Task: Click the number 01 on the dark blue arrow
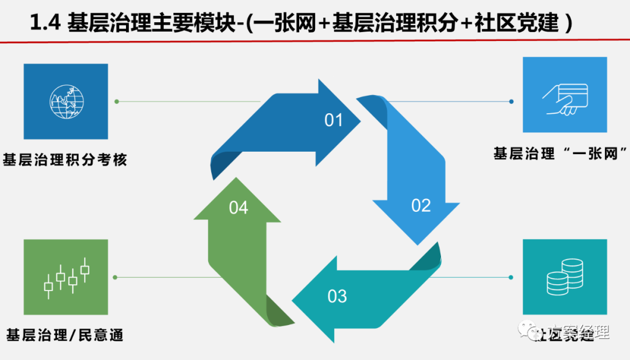tap(333, 121)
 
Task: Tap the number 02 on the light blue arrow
tap(421, 205)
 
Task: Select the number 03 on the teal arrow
tap(337, 296)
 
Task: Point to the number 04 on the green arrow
tap(239, 207)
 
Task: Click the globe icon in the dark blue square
tap(66, 102)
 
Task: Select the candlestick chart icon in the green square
tap(66, 277)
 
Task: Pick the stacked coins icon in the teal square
tap(565, 277)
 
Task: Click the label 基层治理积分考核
tap(65, 159)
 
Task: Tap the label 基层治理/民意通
tap(65, 335)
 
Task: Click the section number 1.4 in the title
tap(45, 23)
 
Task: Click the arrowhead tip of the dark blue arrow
tap(359, 121)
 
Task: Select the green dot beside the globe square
tap(117, 102)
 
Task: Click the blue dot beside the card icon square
tap(511, 102)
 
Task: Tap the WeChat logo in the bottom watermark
tap(531, 332)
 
